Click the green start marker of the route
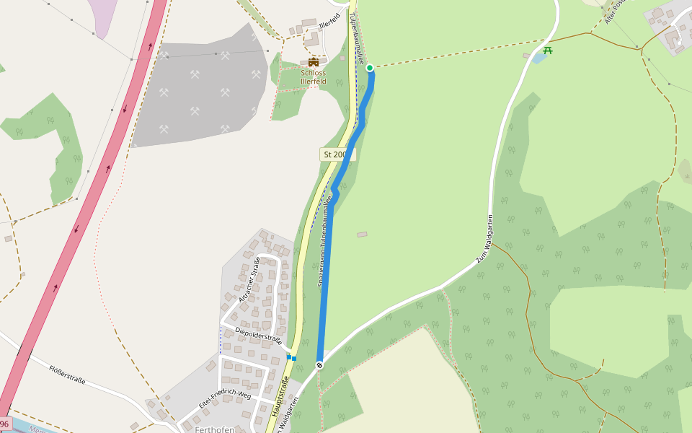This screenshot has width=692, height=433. (370, 68)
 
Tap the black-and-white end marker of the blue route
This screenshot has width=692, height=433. (319, 365)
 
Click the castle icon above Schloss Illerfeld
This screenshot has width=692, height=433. (313, 62)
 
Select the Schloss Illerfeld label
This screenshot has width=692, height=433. (314, 77)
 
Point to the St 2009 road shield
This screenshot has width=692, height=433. (335, 154)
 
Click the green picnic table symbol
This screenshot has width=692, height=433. (548, 51)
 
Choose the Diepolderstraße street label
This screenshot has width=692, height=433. (257, 335)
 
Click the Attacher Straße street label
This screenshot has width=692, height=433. (249, 279)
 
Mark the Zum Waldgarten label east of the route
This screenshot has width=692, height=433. (483, 238)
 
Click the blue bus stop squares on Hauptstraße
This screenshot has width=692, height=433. (291, 357)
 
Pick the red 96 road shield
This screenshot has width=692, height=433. (4, 424)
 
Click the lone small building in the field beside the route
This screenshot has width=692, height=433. (362, 234)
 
